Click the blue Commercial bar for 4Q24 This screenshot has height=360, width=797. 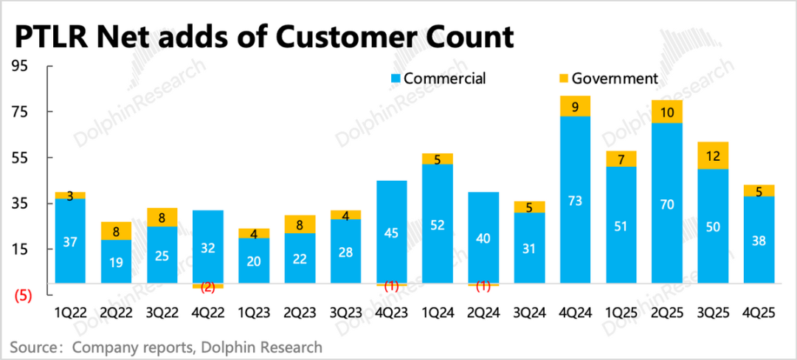point(576,199)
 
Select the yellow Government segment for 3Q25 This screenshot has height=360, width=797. point(713,156)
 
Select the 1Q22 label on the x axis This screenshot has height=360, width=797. point(70,313)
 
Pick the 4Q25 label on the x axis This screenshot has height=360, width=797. point(759,313)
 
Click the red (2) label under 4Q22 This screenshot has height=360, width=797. point(207,288)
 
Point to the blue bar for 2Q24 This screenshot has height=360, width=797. point(484,238)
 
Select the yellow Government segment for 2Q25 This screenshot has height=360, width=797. point(667,112)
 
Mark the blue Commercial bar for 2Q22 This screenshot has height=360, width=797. point(116,261)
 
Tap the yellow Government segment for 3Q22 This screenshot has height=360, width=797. point(162,218)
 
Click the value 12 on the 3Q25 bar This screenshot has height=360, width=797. point(713,156)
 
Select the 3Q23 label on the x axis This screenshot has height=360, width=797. point(345,313)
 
